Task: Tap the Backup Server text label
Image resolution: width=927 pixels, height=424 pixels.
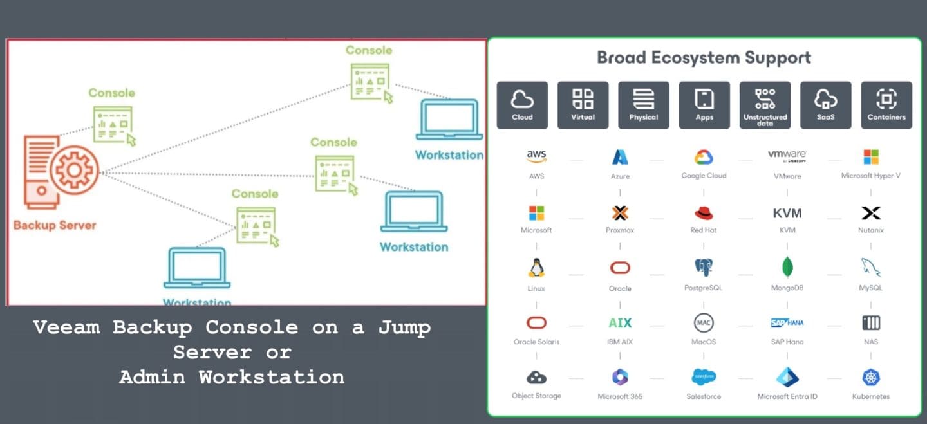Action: (x=55, y=225)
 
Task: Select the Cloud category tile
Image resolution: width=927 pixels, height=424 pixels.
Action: (x=522, y=104)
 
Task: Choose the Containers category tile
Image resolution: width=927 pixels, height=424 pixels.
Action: (x=886, y=104)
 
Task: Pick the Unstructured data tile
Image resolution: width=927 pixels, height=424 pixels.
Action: (x=765, y=104)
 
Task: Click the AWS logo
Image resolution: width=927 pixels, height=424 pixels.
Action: (x=536, y=156)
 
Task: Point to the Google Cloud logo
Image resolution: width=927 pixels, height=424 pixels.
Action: (x=704, y=157)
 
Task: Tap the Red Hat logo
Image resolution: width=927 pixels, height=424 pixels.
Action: (x=704, y=213)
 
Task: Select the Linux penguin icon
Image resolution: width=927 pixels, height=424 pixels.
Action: (x=536, y=268)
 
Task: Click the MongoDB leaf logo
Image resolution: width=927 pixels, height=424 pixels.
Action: (x=787, y=267)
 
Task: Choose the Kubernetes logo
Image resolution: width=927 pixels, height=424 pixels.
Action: (x=871, y=378)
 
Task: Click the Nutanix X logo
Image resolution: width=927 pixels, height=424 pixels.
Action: (x=871, y=213)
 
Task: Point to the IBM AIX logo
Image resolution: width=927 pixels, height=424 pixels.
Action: (x=620, y=323)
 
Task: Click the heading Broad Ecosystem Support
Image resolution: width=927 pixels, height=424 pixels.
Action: (x=704, y=58)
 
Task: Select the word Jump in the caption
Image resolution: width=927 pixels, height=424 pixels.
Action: (x=404, y=327)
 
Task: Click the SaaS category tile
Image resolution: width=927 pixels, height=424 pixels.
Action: (x=825, y=104)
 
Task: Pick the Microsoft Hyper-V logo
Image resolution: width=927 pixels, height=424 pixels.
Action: (x=871, y=157)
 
